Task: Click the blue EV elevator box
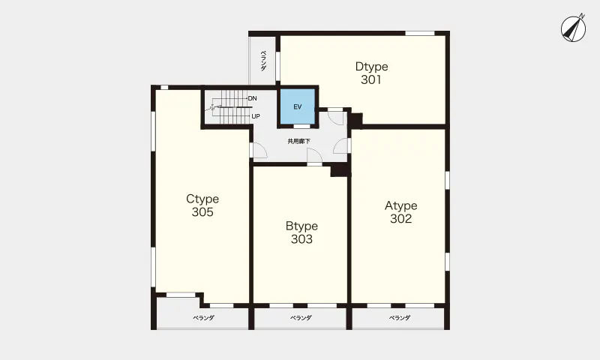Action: (298, 106)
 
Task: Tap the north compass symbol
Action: (574, 28)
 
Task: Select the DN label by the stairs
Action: (252, 99)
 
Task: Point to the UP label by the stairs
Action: (256, 116)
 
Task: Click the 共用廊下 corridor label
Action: (298, 142)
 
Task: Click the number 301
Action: (371, 79)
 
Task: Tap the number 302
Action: (401, 218)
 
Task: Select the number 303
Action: (301, 239)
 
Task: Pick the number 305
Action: (202, 212)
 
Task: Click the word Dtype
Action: (371, 67)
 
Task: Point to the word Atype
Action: (401, 206)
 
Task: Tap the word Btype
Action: (301, 226)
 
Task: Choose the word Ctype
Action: (202, 199)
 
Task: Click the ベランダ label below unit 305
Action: (203, 318)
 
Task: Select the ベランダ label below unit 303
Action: (301, 318)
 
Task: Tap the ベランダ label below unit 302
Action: (400, 318)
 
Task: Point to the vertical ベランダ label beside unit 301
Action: (263, 61)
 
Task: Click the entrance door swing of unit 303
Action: (314, 156)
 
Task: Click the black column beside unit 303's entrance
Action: (339, 169)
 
